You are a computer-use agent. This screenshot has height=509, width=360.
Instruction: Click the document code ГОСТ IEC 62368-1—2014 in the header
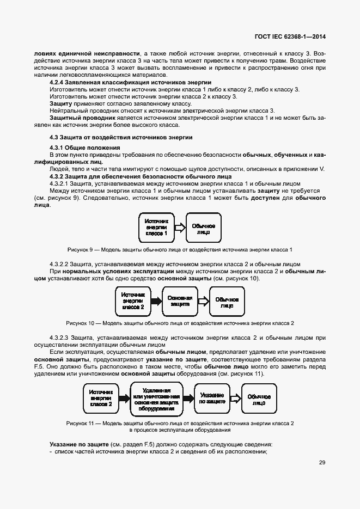click(290, 38)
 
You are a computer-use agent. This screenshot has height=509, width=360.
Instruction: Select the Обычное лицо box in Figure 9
click(204, 227)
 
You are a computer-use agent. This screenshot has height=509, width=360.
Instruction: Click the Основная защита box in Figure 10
click(180, 301)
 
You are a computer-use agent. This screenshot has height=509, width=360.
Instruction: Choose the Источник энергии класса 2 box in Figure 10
click(133, 301)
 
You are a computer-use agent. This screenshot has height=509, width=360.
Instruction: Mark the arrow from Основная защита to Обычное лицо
click(203, 301)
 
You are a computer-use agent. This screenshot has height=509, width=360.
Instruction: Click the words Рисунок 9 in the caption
click(80, 249)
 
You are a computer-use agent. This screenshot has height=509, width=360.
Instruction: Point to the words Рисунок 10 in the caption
click(80, 323)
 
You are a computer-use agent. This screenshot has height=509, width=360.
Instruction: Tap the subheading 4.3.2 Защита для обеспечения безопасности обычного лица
click(141, 176)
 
